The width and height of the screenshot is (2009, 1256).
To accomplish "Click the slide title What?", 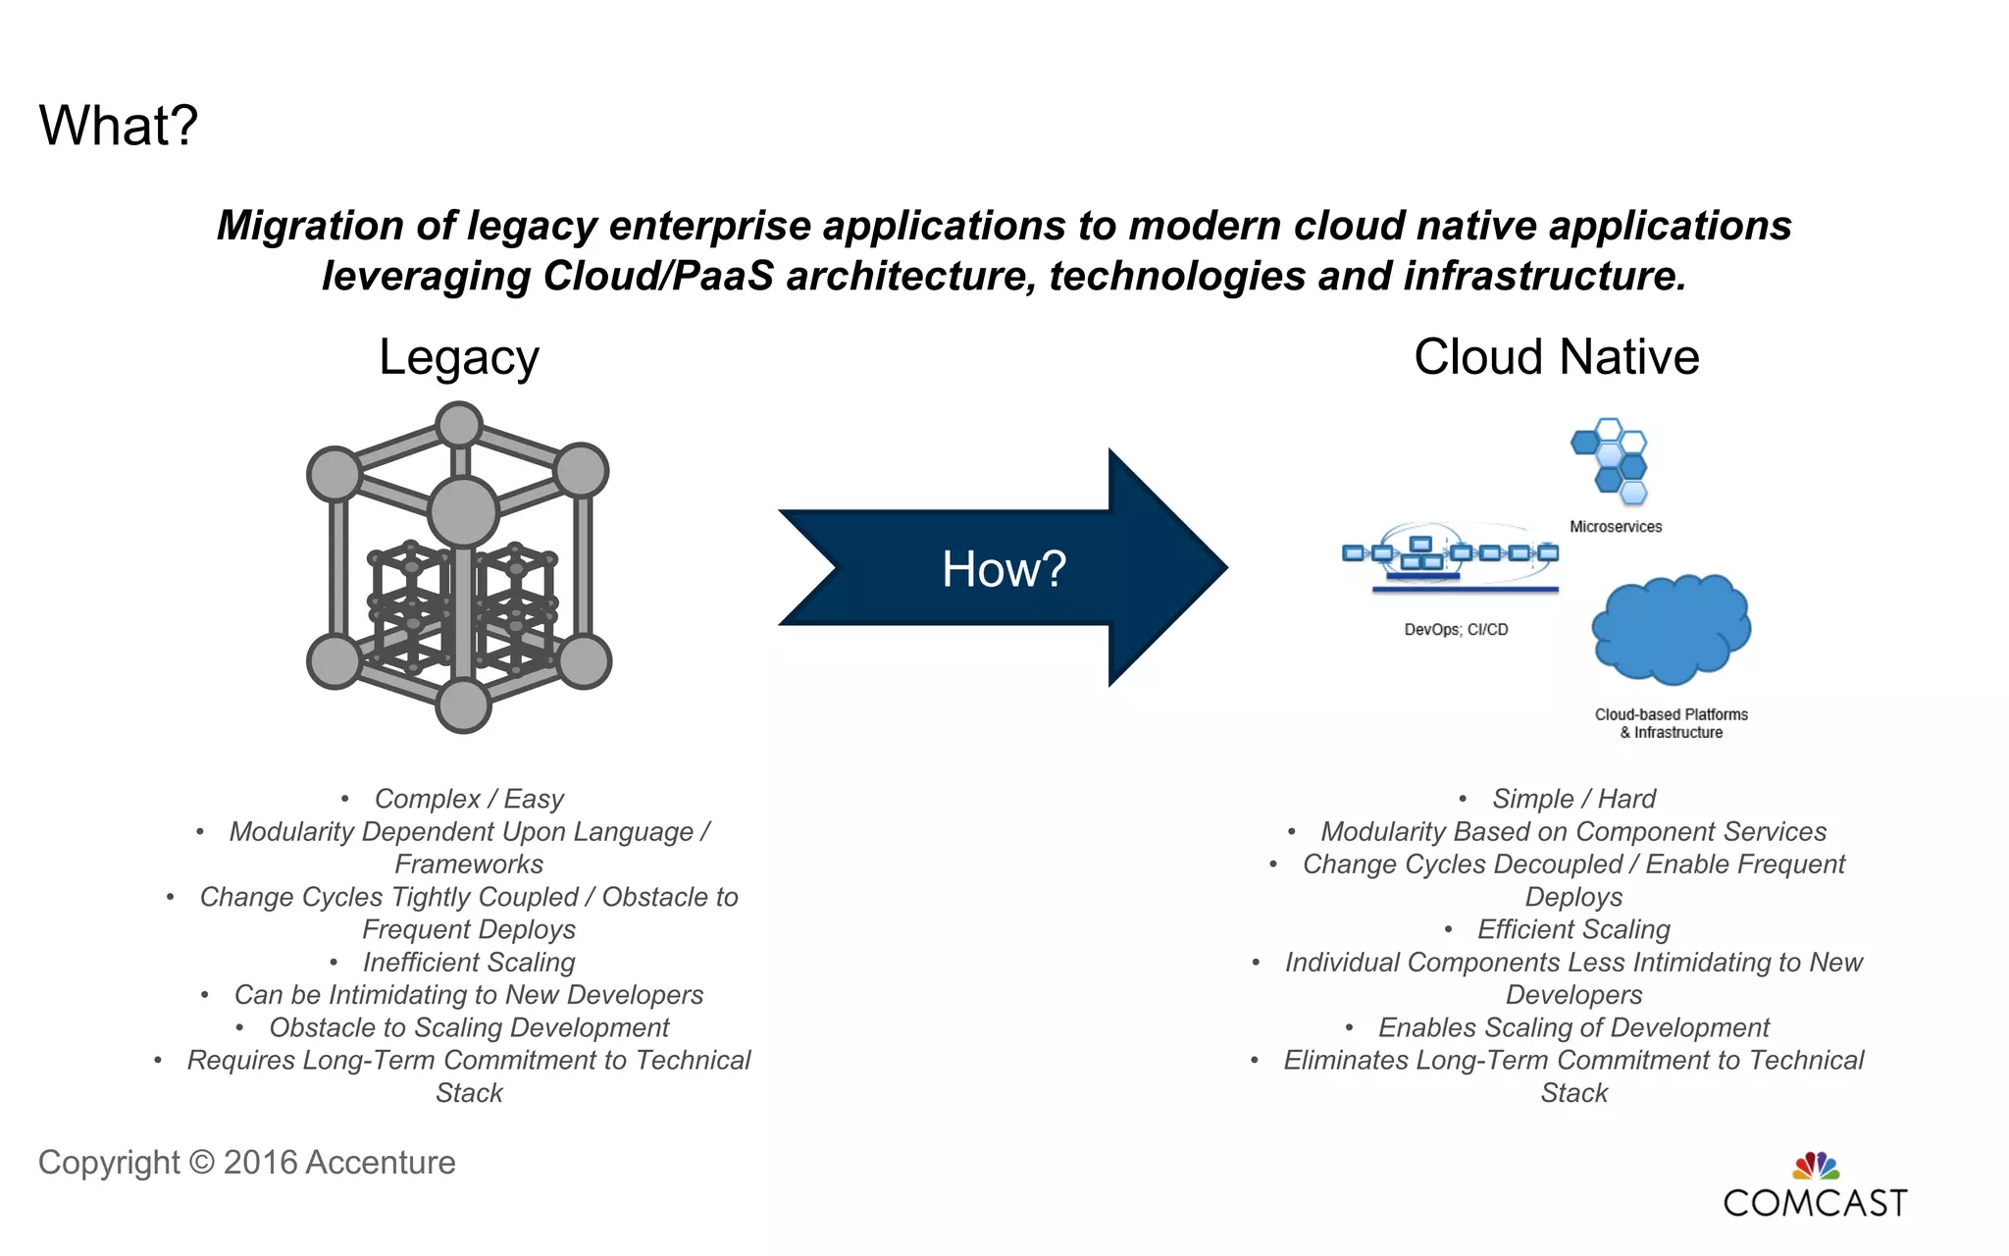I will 119,127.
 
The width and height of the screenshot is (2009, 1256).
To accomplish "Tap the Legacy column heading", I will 459,358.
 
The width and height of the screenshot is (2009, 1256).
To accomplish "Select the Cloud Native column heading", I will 1556,357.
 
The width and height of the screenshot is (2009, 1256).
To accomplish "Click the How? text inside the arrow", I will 1004,569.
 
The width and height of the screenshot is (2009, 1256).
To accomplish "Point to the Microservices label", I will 1616,527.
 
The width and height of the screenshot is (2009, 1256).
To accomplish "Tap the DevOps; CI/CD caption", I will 1456,630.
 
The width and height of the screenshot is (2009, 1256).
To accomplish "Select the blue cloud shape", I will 1671,629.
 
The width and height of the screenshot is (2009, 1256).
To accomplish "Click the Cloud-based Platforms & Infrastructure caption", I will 1671,723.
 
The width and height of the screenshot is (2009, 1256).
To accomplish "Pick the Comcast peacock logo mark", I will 1816,1166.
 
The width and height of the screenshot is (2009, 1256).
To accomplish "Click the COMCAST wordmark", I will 1815,1203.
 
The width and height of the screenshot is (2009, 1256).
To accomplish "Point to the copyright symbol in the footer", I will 201,1163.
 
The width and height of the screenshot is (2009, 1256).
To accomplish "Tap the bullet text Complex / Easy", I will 469,799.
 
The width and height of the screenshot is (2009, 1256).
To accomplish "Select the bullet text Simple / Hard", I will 1573,799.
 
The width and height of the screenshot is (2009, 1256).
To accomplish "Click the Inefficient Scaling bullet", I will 469,963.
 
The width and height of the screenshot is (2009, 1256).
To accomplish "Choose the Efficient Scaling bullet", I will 1573,929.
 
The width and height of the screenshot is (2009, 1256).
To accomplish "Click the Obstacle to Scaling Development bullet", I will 469,1027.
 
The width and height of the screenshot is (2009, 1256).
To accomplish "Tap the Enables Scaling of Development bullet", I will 1573,1027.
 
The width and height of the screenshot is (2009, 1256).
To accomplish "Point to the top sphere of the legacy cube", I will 458,425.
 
